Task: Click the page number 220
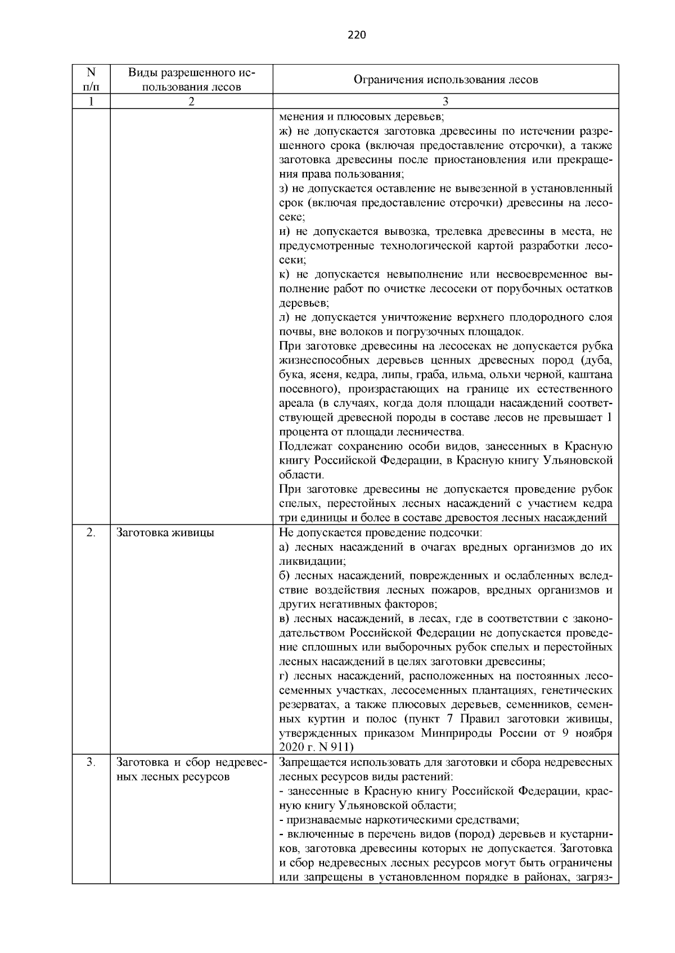[x=357, y=35]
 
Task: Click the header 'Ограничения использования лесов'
[x=445, y=79]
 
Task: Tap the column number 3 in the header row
[x=445, y=102]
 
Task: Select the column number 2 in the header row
[x=191, y=102]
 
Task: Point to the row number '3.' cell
[x=91, y=763]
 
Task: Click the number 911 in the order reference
[x=339, y=747]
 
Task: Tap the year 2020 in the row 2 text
[x=292, y=747]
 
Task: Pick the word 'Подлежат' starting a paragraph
[x=304, y=446]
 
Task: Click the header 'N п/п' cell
[x=91, y=79]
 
